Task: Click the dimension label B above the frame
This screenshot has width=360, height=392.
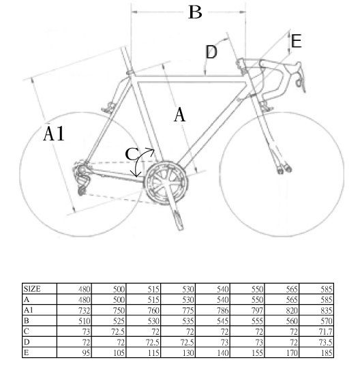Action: [x=195, y=12]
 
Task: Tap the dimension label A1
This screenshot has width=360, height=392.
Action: [x=54, y=134]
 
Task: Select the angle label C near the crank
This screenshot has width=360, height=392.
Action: [x=132, y=154]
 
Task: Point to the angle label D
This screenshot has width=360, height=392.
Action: [x=211, y=52]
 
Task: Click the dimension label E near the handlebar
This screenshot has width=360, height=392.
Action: [x=296, y=42]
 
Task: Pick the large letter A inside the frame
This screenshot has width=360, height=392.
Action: [x=179, y=115]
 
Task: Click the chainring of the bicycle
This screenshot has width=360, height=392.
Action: [x=166, y=183]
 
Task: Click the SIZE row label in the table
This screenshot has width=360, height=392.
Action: [x=32, y=289]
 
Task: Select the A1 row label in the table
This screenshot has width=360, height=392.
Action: [x=28, y=310]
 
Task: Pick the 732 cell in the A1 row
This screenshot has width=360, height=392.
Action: [x=84, y=310]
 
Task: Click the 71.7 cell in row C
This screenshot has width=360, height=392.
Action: [x=325, y=332]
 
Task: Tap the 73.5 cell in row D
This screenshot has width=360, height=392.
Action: [x=325, y=342]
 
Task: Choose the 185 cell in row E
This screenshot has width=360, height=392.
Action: [x=327, y=353]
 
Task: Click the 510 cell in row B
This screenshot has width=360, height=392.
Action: [x=84, y=321]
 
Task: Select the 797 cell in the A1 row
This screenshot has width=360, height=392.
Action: [x=257, y=310]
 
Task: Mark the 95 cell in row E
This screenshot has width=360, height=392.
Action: [x=86, y=353]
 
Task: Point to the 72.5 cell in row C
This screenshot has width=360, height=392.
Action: [x=118, y=332]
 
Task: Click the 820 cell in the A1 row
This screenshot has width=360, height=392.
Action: [x=292, y=310]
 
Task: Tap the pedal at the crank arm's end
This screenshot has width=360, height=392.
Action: [x=179, y=220]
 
